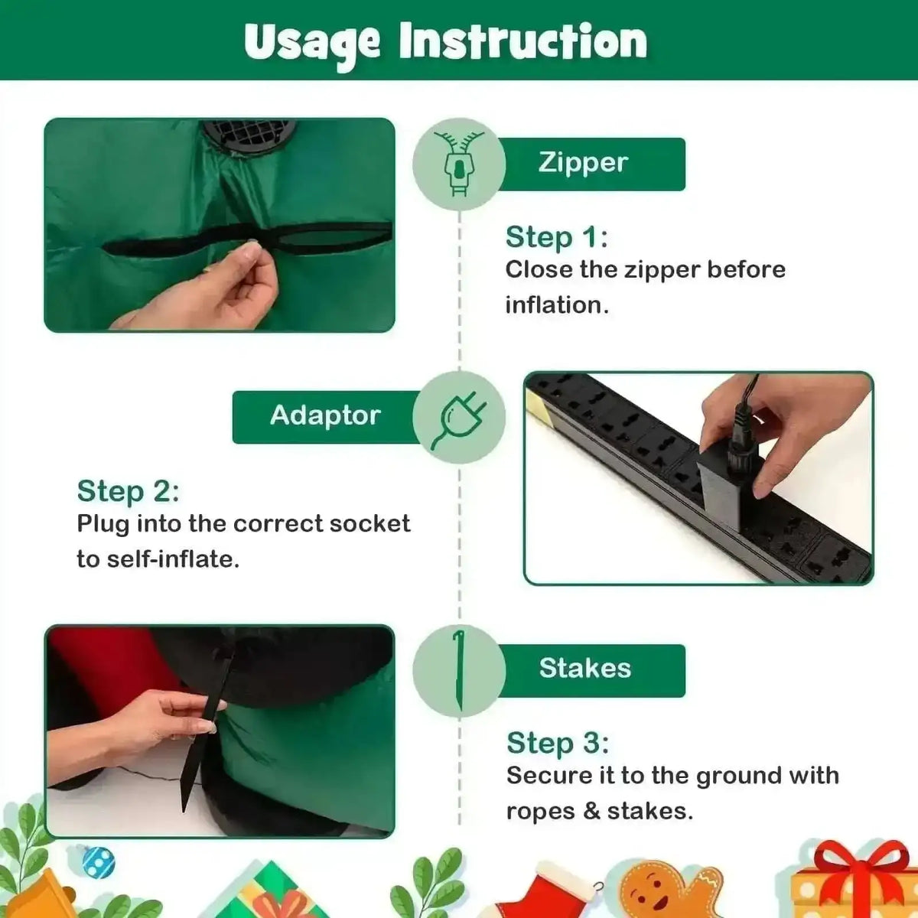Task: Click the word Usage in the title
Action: coord(312,43)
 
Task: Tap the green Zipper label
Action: coord(591,164)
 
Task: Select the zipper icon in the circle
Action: coord(460,164)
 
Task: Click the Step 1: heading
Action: coord(557,236)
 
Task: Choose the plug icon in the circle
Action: coord(459,420)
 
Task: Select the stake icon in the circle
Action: coord(459,671)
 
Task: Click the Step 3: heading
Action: coord(558,743)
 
